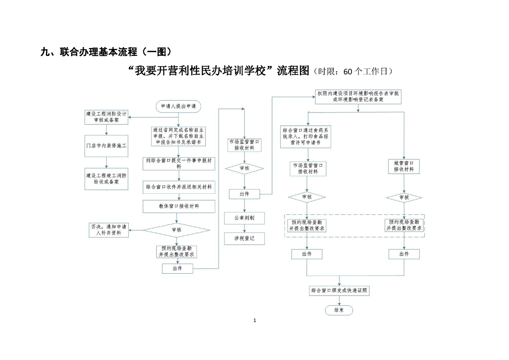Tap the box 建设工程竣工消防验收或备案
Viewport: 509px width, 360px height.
107,178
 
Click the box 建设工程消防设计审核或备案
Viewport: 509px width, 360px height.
107,117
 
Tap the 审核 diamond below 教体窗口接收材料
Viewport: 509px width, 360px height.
176,230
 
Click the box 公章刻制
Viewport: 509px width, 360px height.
244,218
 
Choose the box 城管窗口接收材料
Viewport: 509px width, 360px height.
404,166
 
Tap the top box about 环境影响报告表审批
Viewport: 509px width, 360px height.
358,96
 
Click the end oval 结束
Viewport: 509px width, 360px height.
338,310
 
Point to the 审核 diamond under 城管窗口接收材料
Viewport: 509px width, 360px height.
404,197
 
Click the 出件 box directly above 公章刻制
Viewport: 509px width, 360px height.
244,194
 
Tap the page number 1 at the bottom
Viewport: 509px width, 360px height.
254,321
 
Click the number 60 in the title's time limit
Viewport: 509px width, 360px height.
347,71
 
